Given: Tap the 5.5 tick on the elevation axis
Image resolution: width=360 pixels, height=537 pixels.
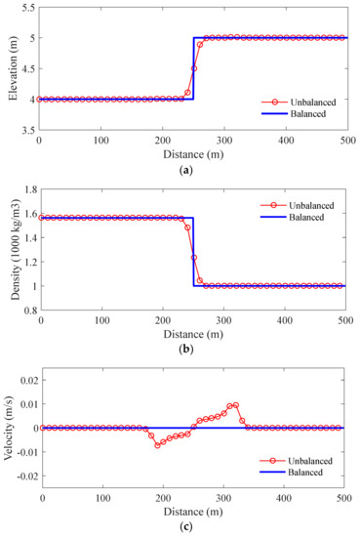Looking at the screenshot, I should [x=26, y=8].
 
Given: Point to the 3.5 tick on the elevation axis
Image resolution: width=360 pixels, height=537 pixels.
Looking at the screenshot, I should [x=26, y=129].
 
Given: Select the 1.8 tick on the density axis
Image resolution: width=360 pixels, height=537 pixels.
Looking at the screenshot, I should [x=26, y=189].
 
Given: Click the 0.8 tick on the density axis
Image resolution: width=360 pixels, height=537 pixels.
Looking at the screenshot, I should [x=26, y=310].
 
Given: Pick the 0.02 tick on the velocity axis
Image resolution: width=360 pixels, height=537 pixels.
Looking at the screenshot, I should [x=22, y=379].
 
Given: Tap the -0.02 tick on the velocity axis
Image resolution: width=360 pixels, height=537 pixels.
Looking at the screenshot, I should [x=20, y=476].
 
